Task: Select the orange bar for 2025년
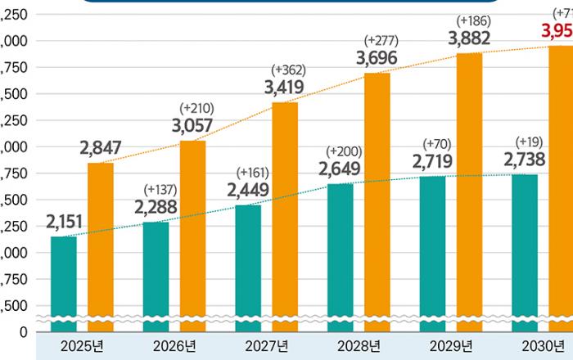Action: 100,245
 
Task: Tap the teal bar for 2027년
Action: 248,266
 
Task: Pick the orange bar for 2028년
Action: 377,200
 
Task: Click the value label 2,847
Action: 101,148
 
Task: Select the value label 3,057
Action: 194,125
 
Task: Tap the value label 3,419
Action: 285,88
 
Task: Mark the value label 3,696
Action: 377,56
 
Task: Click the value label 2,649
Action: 341,169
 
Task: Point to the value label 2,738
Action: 526,160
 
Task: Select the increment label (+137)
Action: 160,189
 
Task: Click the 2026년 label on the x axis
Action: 174,344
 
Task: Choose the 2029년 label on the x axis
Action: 451,344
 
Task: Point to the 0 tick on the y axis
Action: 23,332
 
